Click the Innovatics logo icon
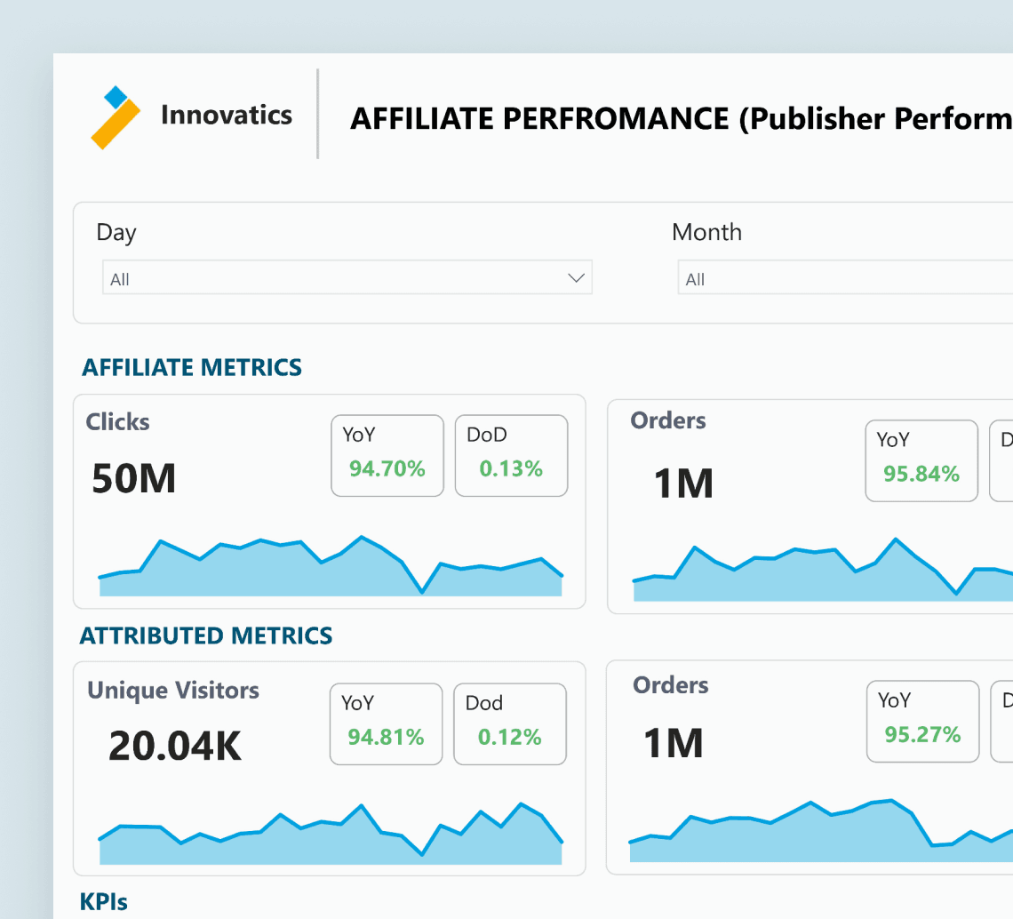(116, 117)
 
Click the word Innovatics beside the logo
(226, 115)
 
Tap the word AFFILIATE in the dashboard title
(422, 119)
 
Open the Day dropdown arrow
(576, 278)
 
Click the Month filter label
(706, 232)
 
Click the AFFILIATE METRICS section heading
(192, 367)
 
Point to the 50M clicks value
(133, 479)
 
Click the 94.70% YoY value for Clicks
(387, 468)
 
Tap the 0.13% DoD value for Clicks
(511, 468)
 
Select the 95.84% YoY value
(921, 474)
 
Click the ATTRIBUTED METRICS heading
(206, 636)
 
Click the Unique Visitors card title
(173, 691)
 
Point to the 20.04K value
(174, 746)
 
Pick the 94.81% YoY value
(386, 737)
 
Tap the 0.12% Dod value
(510, 737)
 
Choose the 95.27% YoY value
(922, 734)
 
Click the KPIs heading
(103, 901)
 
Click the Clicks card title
(117, 422)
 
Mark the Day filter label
(116, 233)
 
